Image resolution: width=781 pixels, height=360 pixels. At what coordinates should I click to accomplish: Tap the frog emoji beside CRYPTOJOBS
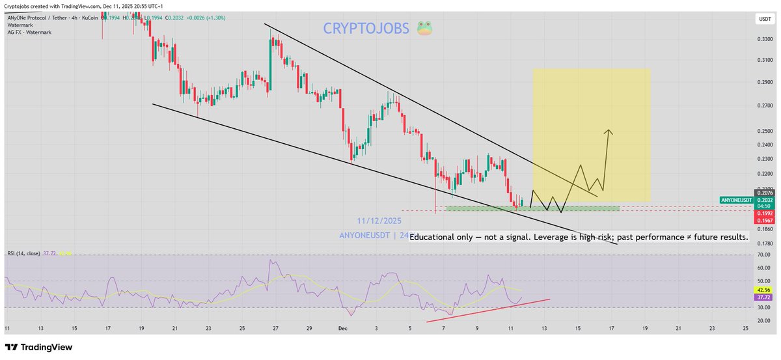[x=424, y=29]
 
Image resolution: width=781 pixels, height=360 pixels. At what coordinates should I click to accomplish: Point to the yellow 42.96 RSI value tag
[x=763, y=290]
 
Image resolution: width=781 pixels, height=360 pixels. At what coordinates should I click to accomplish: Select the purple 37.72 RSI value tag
[x=763, y=297]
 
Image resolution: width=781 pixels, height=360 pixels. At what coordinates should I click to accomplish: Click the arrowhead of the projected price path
[x=609, y=132]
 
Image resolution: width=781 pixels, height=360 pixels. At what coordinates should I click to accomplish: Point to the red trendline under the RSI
[x=488, y=311]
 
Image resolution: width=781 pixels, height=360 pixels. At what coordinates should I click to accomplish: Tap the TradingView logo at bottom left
[x=39, y=348]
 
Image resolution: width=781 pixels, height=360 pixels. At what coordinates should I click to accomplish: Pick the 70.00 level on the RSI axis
[x=763, y=255]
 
